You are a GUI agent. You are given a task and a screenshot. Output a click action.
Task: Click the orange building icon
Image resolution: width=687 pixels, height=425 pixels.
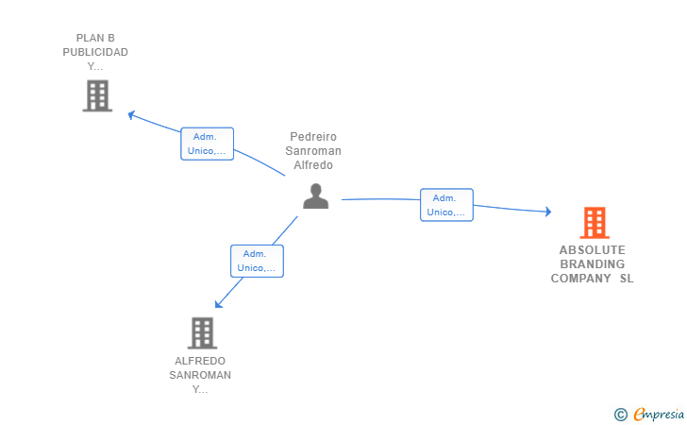(594, 223)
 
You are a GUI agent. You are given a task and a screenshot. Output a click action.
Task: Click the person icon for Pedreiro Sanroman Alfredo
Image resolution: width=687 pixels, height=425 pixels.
(315, 195)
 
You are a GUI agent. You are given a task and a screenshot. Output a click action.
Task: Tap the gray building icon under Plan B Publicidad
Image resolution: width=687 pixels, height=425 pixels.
(97, 95)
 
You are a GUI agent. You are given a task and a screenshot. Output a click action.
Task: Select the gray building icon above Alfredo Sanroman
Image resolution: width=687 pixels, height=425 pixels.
(202, 332)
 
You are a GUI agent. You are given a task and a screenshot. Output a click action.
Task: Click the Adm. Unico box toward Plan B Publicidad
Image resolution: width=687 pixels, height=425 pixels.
(207, 144)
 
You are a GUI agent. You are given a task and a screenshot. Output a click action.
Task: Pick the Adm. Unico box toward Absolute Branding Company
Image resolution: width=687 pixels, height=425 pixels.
(445, 205)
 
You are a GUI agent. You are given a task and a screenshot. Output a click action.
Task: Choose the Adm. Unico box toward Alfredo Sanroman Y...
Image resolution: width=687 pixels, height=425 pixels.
(256, 261)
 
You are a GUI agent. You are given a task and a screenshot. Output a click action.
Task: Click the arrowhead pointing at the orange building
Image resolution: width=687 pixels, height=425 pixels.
(547, 212)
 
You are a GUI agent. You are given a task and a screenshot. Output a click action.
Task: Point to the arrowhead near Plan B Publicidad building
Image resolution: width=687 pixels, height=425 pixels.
(131, 114)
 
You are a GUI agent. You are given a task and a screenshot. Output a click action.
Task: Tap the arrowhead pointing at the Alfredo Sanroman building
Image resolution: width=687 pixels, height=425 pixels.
(218, 304)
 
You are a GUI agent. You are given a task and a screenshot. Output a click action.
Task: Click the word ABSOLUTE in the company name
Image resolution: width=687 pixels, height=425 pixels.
(592, 250)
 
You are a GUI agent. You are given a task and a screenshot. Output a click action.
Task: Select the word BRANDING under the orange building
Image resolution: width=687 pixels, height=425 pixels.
(592, 264)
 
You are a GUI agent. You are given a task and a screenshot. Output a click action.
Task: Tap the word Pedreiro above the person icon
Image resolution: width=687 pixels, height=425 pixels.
(313, 137)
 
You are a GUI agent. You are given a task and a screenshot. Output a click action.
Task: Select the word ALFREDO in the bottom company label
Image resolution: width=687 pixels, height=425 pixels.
(200, 361)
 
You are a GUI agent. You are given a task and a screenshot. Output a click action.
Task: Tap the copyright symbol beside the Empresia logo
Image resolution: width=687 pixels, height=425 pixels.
(620, 414)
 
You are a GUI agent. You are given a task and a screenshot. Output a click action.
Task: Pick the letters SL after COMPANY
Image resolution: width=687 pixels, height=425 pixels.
(627, 279)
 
